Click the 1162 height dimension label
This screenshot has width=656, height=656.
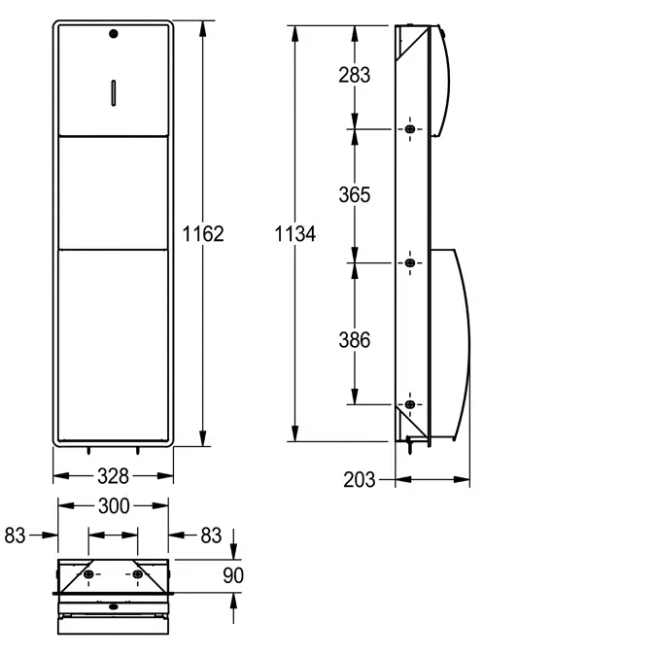[x=203, y=233]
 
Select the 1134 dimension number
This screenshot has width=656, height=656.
[x=294, y=233]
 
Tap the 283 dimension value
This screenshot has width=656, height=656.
[x=354, y=75]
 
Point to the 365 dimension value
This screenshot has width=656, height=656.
[x=354, y=194]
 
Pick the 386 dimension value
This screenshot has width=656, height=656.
[x=354, y=340]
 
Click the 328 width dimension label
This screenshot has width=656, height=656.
[x=112, y=475]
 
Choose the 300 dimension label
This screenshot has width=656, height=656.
[x=112, y=505]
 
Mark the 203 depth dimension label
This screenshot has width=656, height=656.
[x=360, y=479]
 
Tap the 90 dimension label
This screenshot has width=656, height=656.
[x=233, y=575]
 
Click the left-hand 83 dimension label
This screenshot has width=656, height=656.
[x=16, y=535]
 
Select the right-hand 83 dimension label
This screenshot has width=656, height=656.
[x=211, y=535]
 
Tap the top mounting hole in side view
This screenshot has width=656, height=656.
[x=410, y=129]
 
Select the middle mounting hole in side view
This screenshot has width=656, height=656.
[x=410, y=262]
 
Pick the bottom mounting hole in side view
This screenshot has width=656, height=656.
[x=410, y=403]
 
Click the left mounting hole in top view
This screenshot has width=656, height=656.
[x=89, y=575]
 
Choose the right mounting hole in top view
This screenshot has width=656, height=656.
[x=136, y=575]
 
